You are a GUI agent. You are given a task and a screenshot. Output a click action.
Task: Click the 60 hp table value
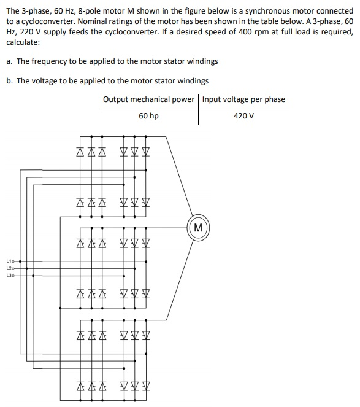(148, 115)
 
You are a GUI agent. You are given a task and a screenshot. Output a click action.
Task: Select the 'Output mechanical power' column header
(149, 99)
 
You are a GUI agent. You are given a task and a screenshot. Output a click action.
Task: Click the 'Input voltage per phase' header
(243, 99)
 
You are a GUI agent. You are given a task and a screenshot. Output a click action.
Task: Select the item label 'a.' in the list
(10, 61)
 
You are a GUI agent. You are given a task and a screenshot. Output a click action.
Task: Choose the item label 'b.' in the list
(10, 80)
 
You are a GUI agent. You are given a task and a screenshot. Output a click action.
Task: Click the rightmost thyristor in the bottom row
(147, 387)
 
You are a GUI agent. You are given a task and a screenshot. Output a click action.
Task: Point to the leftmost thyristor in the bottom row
(81, 387)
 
